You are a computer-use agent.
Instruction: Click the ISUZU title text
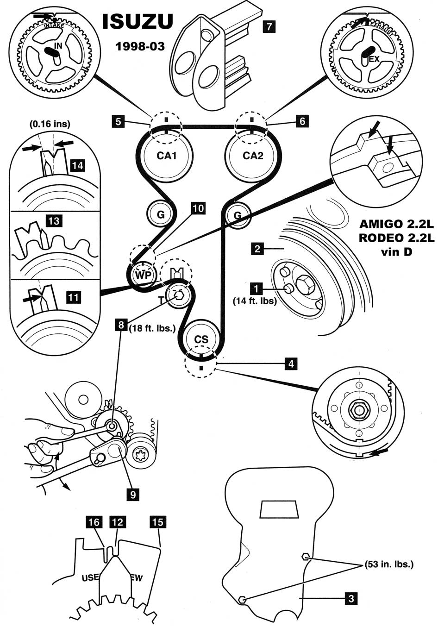point(137,22)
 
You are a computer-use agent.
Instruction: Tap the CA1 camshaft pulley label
point(167,156)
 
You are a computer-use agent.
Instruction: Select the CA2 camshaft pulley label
point(253,156)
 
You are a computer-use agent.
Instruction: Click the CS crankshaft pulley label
point(201,339)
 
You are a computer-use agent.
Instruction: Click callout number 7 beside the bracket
point(268,26)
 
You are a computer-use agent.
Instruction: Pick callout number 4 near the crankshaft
point(291,364)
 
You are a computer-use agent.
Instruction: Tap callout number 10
point(198,208)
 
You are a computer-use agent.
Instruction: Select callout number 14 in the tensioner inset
point(77,165)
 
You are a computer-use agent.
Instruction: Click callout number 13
point(54,221)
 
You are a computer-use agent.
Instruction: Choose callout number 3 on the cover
point(351,599)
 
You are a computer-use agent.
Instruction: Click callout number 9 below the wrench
point(132,495)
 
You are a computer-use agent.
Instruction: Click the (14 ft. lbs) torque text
point(255,301)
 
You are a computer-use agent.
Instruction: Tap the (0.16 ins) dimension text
point(50,124)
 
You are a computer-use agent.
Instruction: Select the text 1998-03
point(140,46)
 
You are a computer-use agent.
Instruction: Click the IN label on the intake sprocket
point(58,46)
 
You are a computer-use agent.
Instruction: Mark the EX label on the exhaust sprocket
point(374,59)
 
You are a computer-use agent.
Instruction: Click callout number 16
point(94,522)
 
